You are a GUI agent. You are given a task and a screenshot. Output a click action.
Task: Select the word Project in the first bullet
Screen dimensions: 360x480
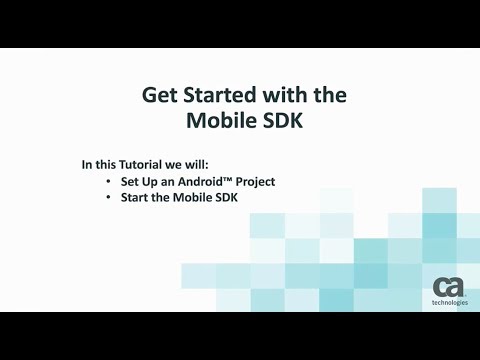point(254,182)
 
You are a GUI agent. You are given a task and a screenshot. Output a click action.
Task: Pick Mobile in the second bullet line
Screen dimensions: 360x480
point(196,199)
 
